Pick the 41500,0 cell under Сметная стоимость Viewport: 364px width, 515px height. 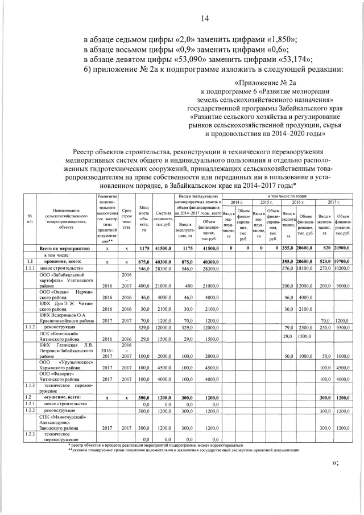coord(163,249)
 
